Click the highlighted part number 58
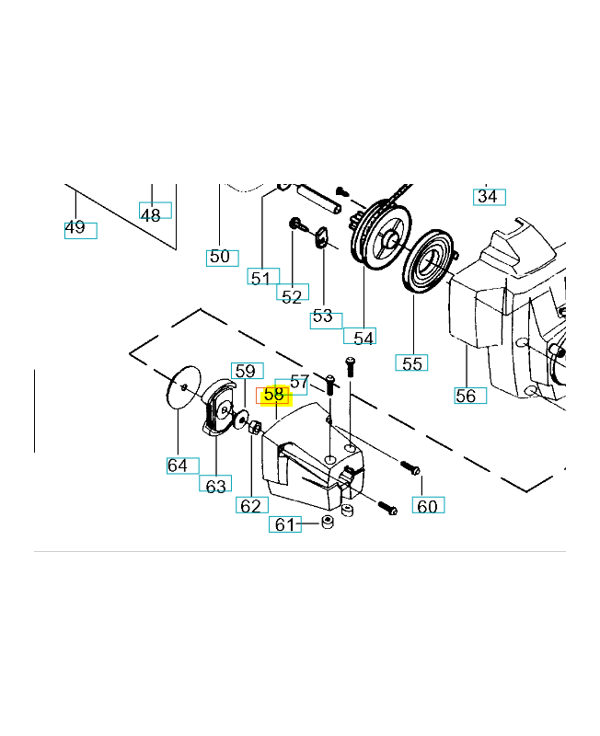(x=274, y=395)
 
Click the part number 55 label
(x=411, y=362)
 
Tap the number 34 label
(x=489, y=197)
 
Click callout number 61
(x=285, y=524)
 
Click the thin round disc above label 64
(x=183, y=387)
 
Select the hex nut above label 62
(x=256, y=427)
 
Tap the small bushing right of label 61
(x=328, y=522)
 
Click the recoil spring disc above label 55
(x=428, y=262)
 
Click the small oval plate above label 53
(x=322, y=237)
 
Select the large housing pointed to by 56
(x=507, y=310)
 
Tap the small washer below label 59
(x=242, y=419)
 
